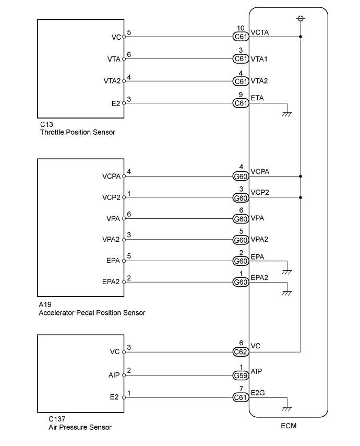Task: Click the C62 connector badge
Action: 241,352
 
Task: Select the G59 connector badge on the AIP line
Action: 241,374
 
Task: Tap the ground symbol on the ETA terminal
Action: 286,113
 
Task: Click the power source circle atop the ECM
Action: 300,19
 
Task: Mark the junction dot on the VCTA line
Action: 301,37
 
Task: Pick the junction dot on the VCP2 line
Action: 301,198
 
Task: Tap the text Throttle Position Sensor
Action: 77,133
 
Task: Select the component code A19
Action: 45,304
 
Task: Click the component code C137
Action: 57,419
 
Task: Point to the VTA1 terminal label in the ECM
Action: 259,59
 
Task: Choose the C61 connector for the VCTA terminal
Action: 241,37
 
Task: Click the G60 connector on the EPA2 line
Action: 241,283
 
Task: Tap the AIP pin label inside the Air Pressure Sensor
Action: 115,374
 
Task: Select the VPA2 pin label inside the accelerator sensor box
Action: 112,240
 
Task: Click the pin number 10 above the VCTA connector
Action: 241,28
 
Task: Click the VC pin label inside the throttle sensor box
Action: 116,37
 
